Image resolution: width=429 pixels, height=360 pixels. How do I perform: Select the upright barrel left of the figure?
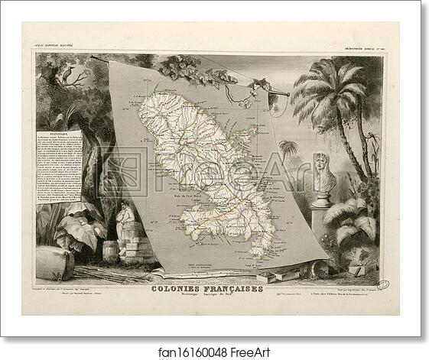[111, 249]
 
